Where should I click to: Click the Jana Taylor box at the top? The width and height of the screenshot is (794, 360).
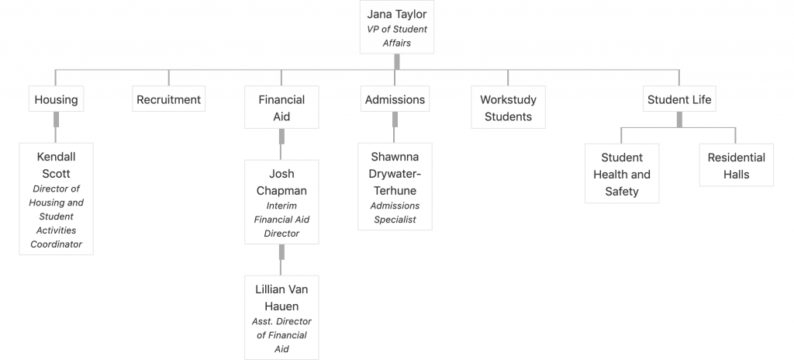tap(397, 27)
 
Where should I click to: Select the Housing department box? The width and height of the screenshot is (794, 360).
tap(56, 99)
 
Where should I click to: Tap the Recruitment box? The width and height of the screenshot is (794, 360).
tap(168, 99)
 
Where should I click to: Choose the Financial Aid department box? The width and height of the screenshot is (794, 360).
tap(281, 107)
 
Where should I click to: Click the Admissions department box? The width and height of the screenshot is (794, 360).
tap(395, 99)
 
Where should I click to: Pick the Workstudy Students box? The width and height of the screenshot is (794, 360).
tap(508, 107)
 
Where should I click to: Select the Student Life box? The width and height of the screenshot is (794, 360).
tap(679, 99)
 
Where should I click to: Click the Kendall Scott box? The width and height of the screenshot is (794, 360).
tap(56, 199)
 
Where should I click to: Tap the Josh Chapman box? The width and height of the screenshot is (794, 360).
tap(281, 202)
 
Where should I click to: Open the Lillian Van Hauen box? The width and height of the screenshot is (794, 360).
tap(281, 317)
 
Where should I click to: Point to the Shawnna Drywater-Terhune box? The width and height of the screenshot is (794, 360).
tap(395, 186)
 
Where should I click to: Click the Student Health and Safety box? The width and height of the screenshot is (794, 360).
tap(622, 174)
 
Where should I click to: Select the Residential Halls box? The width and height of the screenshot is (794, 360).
tap(737, 164)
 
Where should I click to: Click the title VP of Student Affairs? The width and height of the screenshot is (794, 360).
tap(397, 36)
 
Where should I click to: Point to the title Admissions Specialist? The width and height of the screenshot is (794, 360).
tap(395, 213)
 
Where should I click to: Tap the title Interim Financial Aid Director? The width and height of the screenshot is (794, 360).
tap(281, 220)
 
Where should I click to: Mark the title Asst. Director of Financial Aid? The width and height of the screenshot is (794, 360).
tap(281, 335)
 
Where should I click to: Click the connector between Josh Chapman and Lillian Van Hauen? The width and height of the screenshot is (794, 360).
tap(281, 260)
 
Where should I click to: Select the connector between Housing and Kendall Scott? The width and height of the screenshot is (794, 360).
tap(56, 127)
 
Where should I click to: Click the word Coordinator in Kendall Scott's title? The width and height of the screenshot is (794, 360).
tap(56, 244)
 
